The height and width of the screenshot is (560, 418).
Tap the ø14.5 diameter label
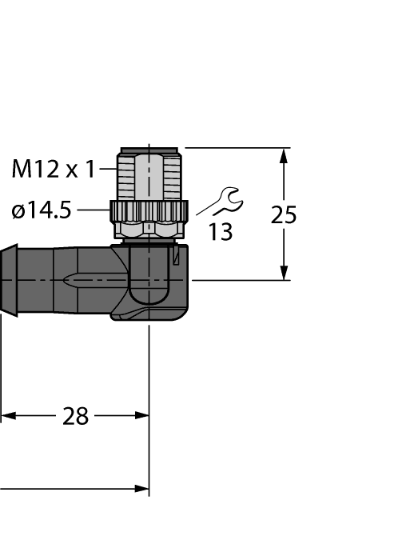41,210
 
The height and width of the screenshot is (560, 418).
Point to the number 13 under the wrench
221,233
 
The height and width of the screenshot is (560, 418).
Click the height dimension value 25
283,215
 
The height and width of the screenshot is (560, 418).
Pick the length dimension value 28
76,416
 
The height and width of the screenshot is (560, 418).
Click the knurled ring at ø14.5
149,211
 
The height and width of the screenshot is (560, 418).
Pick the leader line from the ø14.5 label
91,210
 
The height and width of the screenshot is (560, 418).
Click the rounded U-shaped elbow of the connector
149,284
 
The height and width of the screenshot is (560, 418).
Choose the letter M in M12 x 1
21,169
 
